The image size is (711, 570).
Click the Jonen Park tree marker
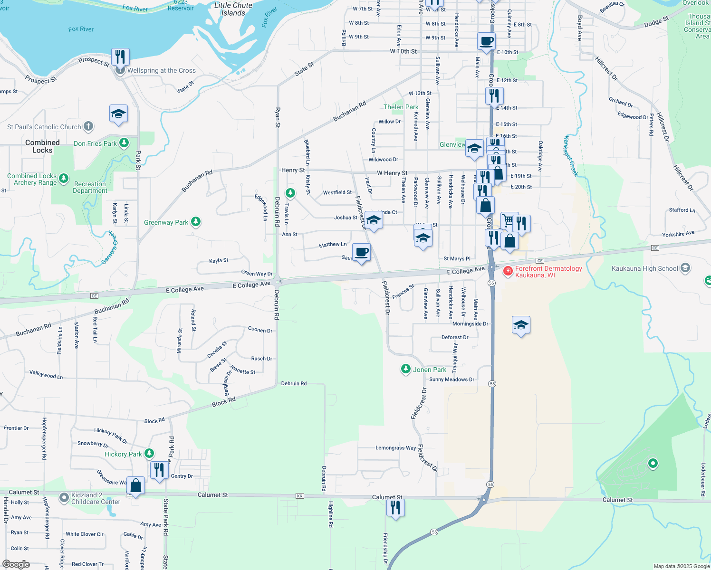coord(405,369)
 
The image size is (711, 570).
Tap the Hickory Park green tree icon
coord(149,454)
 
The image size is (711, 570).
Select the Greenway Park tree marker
coord(195,222)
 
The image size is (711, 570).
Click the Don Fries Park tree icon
coord(124,142)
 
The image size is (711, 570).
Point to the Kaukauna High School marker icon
coord(685,268)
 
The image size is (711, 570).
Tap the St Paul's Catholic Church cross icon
coord(88,126)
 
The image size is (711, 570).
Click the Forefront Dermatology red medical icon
coord(508,271)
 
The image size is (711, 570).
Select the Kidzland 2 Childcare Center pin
coord(64,498)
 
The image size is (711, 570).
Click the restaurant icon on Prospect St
coord(120,57)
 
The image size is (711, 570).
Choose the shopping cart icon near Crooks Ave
coord(509,220)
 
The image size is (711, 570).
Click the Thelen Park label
coord(401,107)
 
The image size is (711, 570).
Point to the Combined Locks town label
coord(42,146)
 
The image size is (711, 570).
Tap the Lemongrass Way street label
coord(395,448)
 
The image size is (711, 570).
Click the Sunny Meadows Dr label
coord(452,380)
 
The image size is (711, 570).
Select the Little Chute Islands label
coord(233,9)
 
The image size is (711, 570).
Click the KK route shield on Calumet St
coord(299,496)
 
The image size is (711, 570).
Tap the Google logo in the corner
coord(16,564)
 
